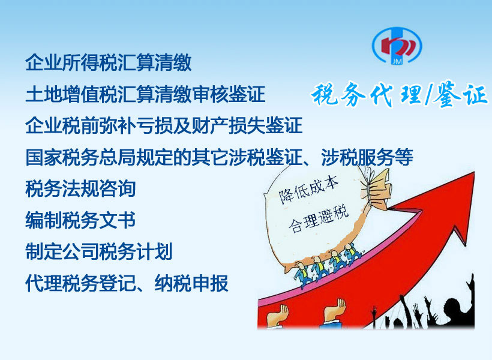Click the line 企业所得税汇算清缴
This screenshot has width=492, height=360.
click(x=108, y=62)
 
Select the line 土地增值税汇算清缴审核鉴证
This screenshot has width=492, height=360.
click(x=145, y=94)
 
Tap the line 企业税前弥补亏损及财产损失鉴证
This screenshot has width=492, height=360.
click(x=164, y=125)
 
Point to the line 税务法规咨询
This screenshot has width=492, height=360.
click(x=80, y=188)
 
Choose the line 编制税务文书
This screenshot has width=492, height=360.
click(x=80, y=220)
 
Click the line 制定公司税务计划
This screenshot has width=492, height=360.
click(x=99, y=251)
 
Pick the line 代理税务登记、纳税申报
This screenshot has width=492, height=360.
click(x=127, y=283)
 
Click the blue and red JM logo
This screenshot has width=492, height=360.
click(x=397, y=46)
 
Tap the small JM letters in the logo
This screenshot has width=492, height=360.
click(x=397, y=61)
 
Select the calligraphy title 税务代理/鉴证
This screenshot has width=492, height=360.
click(x=400, y=94)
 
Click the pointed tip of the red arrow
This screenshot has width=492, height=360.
click(x=473, y=172)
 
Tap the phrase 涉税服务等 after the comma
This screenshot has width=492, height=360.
click(x=367, y=157)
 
